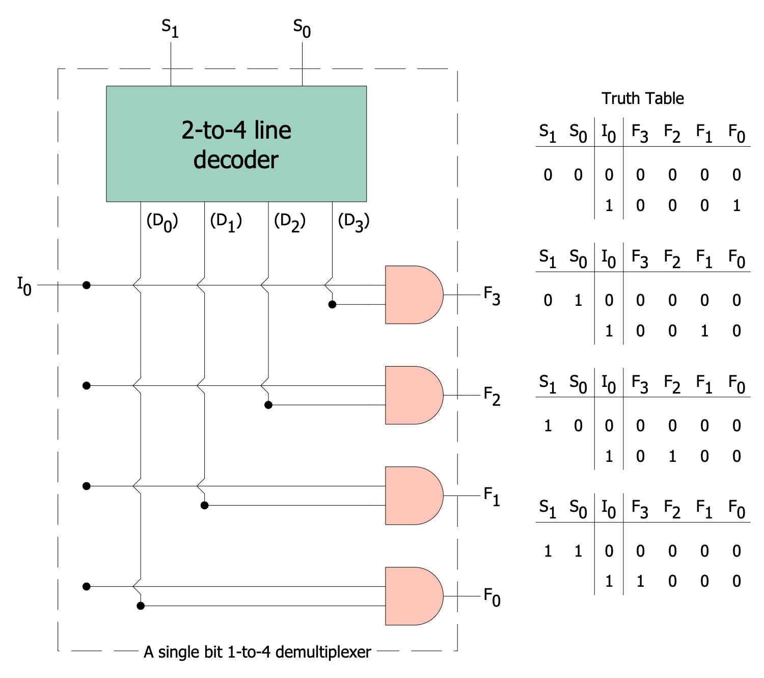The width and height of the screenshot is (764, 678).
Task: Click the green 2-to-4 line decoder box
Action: (236, 144)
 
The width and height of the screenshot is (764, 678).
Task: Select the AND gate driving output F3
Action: (412, 295)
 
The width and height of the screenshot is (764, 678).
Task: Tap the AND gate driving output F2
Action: (412, 395)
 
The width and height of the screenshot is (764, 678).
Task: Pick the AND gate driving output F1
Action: (412, 496)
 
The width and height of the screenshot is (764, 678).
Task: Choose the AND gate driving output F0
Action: (412, 596)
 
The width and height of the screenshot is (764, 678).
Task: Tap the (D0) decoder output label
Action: (162, 222)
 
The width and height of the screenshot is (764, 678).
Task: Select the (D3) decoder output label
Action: (353, 222)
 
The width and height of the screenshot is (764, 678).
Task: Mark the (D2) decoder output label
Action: (290, 222)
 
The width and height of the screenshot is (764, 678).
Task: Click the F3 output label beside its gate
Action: (492, 296)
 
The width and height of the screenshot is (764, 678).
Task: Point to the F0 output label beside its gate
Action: (492, 597)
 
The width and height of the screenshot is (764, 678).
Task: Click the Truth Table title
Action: (643, 98)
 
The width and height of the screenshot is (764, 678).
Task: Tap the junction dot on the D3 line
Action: (332, 304)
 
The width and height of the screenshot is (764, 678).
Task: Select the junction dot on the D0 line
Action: (141, 606)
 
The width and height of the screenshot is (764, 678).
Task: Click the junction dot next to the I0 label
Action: (87, 285)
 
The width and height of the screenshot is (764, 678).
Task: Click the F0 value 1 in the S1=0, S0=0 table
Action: (736, 206)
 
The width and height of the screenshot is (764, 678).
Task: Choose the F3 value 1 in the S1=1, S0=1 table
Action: (640, 581)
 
